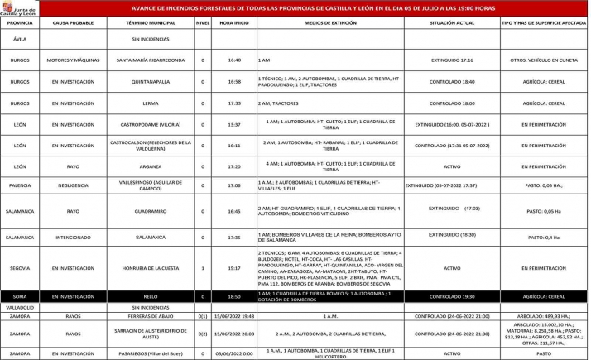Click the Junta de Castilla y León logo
20,9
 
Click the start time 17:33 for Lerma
234,103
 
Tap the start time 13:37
234,124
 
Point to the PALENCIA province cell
21,186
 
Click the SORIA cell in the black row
21,295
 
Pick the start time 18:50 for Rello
234,295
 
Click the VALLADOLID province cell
21,307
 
